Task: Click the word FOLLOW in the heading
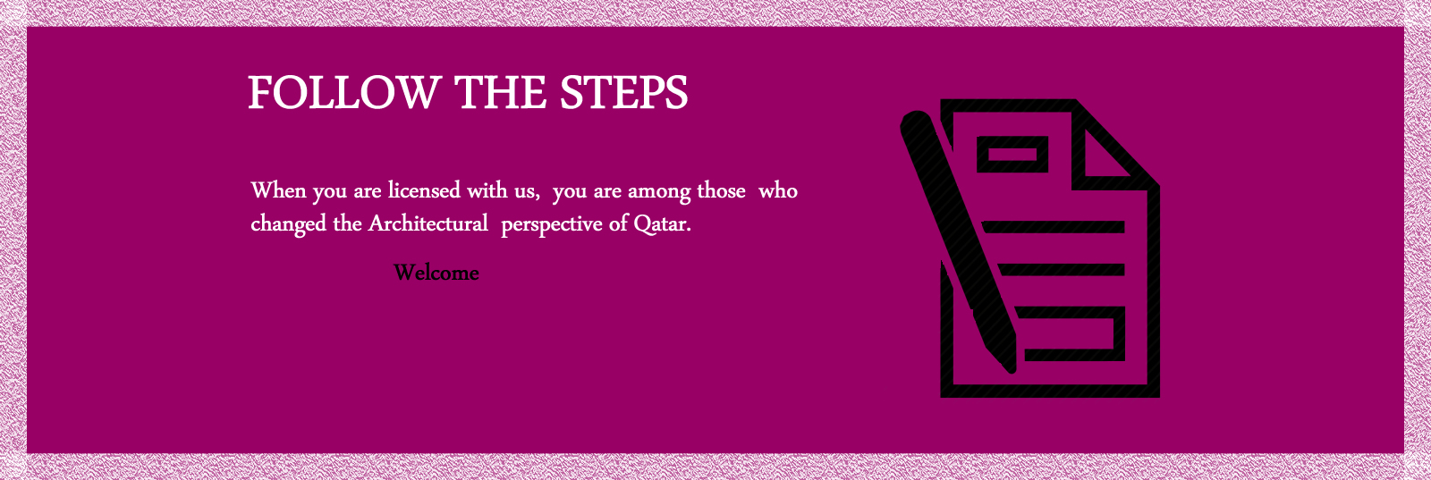point(344,93)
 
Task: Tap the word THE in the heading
point(500,93)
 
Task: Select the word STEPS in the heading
point(623,93)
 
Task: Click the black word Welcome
point(436,274)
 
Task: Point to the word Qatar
point(663,224)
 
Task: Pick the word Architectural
point(428,223)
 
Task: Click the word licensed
point(424,190)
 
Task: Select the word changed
point(289,224)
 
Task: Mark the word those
point(721,190)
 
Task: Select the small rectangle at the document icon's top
point(1012,155)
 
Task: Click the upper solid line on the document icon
point(1053,227)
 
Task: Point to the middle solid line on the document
point(1061,269)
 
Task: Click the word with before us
point(488,190)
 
